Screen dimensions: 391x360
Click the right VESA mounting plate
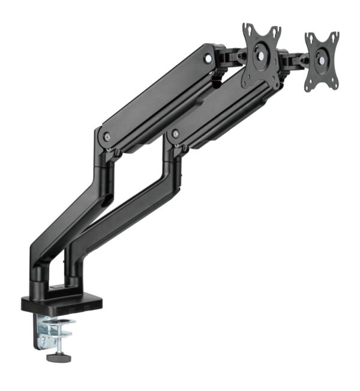coord(322,61)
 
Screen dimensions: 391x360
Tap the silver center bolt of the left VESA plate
coord(262,55)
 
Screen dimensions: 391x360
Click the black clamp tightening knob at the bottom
coord(58,357)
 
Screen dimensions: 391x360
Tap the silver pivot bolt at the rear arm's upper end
coord(208,58)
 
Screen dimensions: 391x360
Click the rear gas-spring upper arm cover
coord(156,96)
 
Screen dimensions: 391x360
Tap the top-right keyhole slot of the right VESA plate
coord(335,37)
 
